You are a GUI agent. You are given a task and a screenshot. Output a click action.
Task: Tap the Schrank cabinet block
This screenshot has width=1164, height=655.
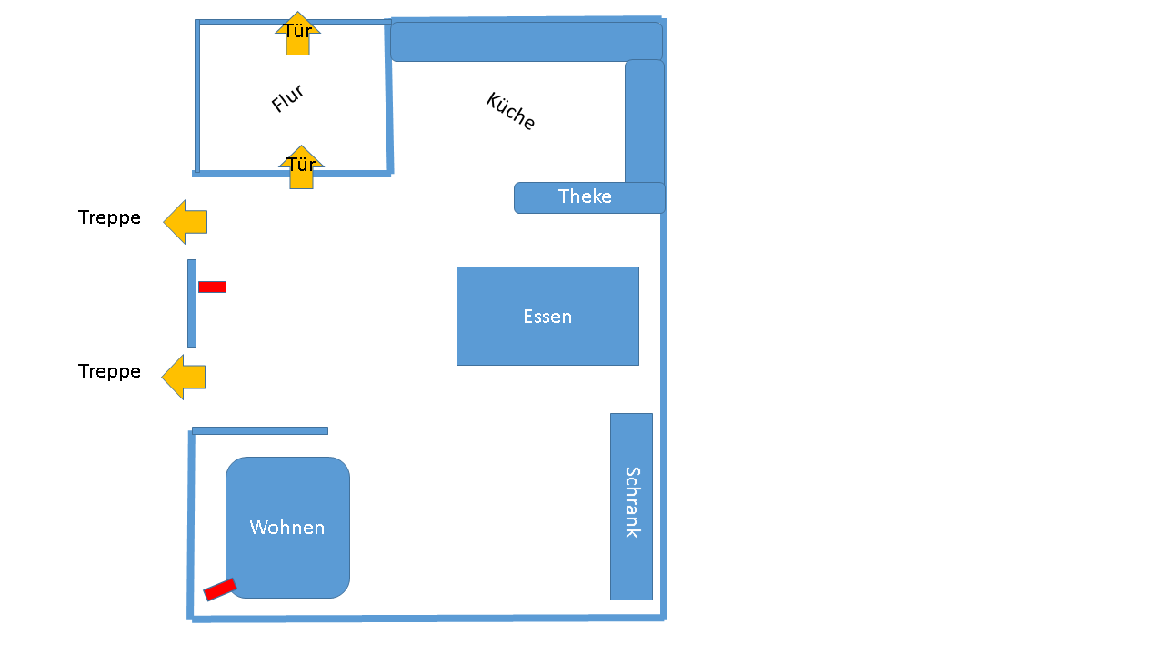[631, 564]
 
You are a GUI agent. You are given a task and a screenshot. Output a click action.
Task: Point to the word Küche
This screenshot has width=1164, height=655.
[510, 111]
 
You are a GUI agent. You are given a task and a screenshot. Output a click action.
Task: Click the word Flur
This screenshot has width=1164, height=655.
[287, 98]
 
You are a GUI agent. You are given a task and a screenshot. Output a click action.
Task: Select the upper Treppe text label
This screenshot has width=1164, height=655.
[109, 218]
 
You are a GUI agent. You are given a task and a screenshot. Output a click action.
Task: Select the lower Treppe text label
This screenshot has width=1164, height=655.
[109, 372]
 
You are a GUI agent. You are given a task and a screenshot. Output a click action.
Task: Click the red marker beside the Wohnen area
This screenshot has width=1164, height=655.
[220, 590]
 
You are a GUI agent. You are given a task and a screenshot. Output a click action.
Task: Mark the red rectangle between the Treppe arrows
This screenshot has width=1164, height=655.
[212, 287]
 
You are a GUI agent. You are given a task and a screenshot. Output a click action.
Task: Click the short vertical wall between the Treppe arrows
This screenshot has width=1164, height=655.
[192, 303]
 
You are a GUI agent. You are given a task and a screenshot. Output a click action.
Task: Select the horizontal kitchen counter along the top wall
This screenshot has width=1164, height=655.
[526, 42]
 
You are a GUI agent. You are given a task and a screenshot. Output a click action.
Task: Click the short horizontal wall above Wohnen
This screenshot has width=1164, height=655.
[260, 430]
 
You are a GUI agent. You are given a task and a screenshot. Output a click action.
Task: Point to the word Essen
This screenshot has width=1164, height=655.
[547, 317]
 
